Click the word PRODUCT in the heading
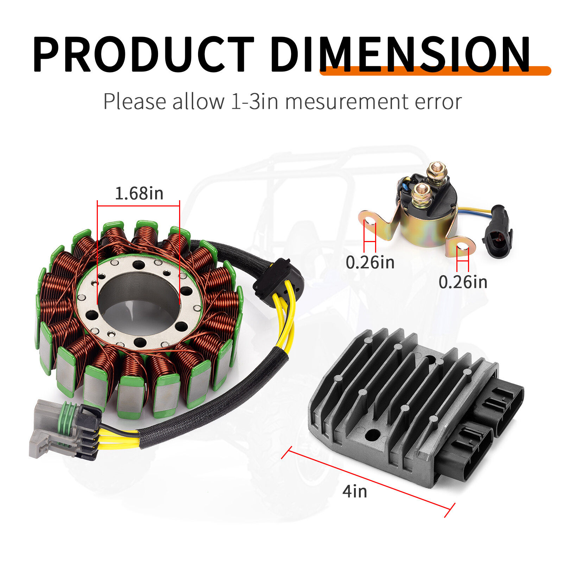tap(143, 55)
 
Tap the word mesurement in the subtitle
tap(347, 102)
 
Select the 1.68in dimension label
tap(139, 194)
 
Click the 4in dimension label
tap(355, 491)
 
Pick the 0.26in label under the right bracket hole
tap(463, 282)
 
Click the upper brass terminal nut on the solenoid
tap(437, 172)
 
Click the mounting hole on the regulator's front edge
tap(371, 436)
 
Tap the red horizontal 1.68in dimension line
tap(138, 206)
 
